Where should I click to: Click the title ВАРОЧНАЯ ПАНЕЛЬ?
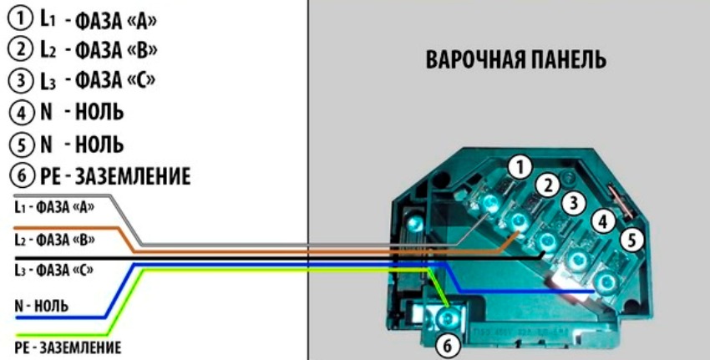515,62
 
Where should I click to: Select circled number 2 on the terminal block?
547,185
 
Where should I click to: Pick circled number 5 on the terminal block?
632,240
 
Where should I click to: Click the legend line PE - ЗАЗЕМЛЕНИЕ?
95,175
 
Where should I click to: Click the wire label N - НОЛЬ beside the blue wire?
41,306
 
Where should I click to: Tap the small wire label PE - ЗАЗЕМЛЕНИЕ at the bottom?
67,346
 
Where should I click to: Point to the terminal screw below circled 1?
490,202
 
